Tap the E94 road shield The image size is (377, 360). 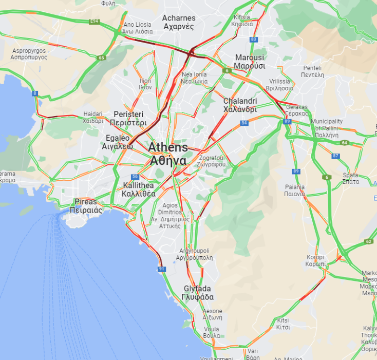tap(94, 21)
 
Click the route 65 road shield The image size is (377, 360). tap(101, 58)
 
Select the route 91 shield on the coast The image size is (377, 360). tap(162, 269)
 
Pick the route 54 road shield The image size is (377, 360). tap(244, 123)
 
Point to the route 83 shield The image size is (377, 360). tap(253, 39)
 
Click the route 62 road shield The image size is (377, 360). tap(368, 241)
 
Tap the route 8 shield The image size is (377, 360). tap(34, 93)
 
